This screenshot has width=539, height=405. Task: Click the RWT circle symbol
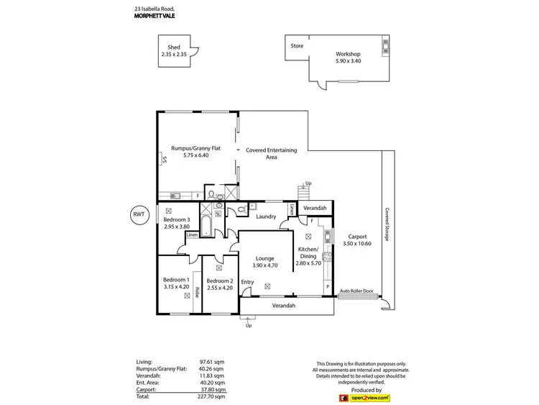[x=139, y=214]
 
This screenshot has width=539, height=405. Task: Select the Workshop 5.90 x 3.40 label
[x=348, y=58]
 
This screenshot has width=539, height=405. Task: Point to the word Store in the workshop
[x=297, y=46]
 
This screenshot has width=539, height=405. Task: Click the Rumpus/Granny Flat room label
[x=190, y=152]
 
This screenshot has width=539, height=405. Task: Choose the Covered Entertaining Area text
[x=271, y=153]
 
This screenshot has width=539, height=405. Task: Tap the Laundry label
[x=266, y=217]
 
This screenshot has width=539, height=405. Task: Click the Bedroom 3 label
[x=177, y=224]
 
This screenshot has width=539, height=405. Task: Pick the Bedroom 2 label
[x=219, y=285]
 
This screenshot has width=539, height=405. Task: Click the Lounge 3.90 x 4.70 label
[x=266, y=261]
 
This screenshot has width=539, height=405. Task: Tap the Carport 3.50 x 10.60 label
[x=357, y=240]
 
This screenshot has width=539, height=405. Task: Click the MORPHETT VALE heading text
[x=154, y=17]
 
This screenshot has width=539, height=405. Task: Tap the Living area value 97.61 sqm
[x=213, y=362]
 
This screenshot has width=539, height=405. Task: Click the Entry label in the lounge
[x=247, y=282]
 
